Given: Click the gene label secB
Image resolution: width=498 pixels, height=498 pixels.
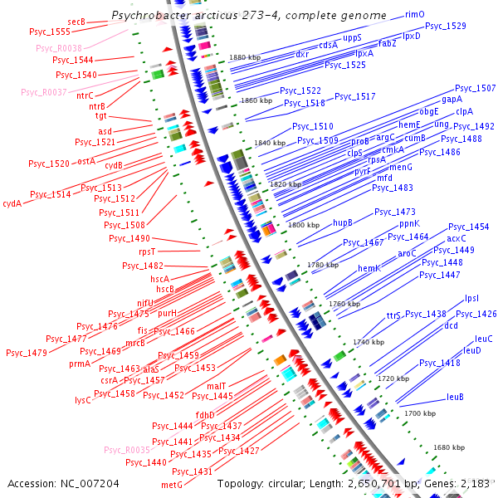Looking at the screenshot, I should (x=76, y=22).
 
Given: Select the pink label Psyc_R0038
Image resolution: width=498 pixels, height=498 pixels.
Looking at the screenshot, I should (x=58, y=48).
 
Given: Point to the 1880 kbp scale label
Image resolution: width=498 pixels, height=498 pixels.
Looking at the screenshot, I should (x=245, y=57).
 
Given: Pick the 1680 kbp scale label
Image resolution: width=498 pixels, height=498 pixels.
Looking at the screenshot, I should (x=449, y=447).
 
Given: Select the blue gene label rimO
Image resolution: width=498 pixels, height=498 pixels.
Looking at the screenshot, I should (x=415, y=15).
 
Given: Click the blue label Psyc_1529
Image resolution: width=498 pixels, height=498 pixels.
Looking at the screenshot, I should (x=446, y=27).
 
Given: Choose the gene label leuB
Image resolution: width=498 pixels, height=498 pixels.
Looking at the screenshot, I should (x=455, y=397).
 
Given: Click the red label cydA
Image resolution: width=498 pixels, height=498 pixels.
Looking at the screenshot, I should (x=12, y=203).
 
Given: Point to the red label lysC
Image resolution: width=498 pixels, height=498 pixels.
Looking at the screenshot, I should (x=82, y=399).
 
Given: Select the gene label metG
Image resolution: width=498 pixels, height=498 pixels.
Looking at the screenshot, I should (x=171, y=484).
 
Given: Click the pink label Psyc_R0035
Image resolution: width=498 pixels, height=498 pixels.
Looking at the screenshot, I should (x=127, y=450).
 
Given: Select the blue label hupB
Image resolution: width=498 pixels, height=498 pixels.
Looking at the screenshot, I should (x=343, y=222).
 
